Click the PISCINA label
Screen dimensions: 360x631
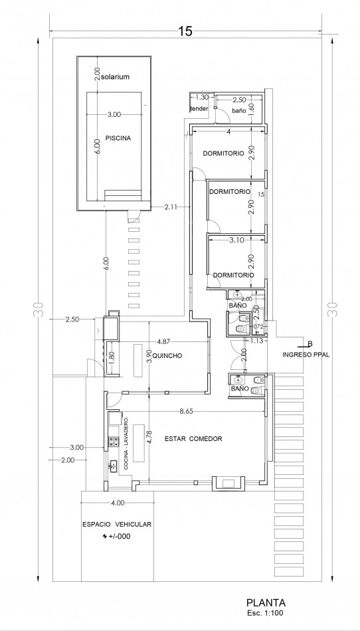click(118, 138)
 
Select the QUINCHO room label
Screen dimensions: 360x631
click(168, 356)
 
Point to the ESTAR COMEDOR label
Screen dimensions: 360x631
click(193, 438)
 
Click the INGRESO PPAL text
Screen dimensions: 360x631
click(306, 355)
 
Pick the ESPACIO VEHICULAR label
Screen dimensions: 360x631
click(117, 524)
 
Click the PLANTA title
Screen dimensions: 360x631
click(266, 603)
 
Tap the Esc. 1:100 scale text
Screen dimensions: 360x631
click(266, 614)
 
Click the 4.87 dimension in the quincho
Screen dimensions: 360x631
click(163, 341)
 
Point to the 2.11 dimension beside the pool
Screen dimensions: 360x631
click(171, 207)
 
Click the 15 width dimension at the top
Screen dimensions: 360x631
click(185, 31)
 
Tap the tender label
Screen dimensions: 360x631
click(199, 109)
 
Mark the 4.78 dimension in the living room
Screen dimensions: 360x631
click(149, 438)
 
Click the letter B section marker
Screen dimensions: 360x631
click(310, 343)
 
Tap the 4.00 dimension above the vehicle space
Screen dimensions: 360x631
click(118, 503)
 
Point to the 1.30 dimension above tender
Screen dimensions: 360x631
click(202, 97)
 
